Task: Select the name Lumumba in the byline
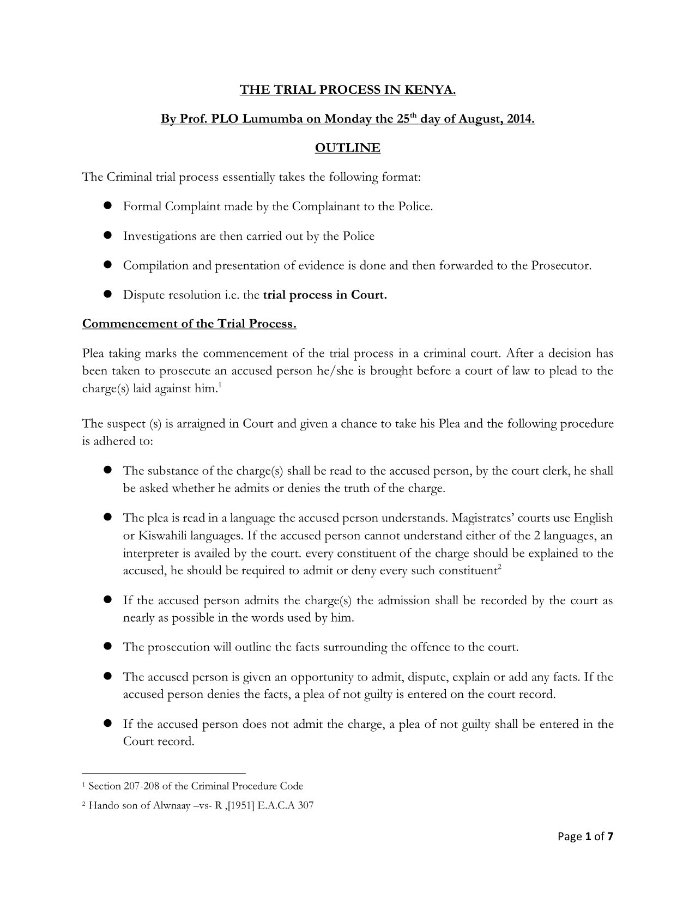[x=270, y=119]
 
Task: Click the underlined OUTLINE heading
[x=347, y=148]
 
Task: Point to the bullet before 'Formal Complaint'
[x=107, y=205]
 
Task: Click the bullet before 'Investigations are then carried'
[x=107, y=235]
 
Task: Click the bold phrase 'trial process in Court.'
[x=325, y=295]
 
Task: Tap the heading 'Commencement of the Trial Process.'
[x=189, y=324]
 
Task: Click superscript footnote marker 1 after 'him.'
[x=219, y=386]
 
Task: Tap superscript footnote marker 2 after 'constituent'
[x=499, y=568]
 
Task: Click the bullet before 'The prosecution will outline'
[x=107, y=646]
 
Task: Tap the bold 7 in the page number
[x=610, y=836]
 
